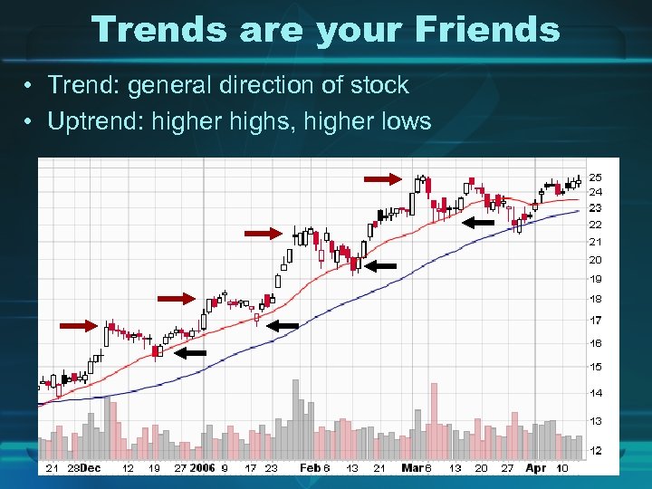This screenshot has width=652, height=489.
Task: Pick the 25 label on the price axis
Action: point(596,177)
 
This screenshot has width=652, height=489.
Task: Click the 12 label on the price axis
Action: point(596,450)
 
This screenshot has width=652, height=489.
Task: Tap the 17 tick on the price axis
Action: point(596,321)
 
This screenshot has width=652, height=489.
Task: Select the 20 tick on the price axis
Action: point(596,260)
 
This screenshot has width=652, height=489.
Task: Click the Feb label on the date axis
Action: point(311,468)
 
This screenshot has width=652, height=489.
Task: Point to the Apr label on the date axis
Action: point(536,468)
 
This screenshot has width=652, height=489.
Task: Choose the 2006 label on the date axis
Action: point(202,468)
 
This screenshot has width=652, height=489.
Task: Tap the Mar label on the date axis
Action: point(413,468)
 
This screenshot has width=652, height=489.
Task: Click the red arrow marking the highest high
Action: point(380,178)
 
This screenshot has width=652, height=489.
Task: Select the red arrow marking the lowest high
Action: point(78,325)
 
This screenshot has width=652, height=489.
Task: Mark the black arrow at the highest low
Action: point(478,221)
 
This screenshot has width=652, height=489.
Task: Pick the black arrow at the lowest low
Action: point(190,353)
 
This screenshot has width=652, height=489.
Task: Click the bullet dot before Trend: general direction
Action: point(30,87)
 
